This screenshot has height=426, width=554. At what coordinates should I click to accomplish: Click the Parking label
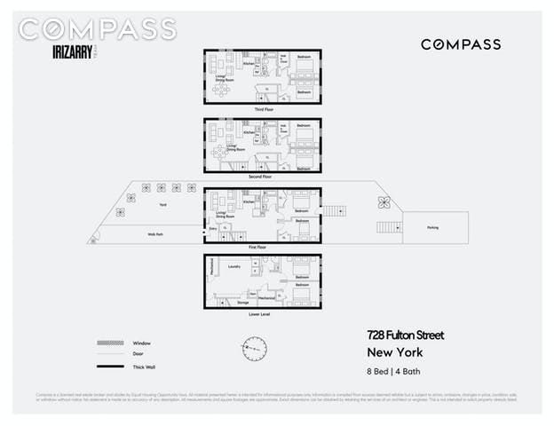[432, 227]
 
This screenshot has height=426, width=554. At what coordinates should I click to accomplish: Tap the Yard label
[162, 205]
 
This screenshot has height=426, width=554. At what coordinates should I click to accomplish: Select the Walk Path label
[155, 233]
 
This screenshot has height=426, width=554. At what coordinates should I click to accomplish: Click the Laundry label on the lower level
[234, 265]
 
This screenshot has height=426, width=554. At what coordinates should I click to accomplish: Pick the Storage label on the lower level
[243, 303]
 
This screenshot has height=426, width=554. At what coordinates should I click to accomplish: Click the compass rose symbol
[255, 348]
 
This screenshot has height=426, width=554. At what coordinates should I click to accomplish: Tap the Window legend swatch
[108, 343]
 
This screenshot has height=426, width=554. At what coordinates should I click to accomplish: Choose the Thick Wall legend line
[108, 367]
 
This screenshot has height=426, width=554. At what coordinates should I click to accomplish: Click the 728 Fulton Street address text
[405, 335]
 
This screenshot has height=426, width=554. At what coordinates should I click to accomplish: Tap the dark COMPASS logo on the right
[460, 44]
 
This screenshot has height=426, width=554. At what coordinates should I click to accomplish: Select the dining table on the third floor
[220, 89]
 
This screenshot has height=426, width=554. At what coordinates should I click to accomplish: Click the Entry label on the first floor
[213, 228]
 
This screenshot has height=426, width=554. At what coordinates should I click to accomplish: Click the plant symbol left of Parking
[384, 201]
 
